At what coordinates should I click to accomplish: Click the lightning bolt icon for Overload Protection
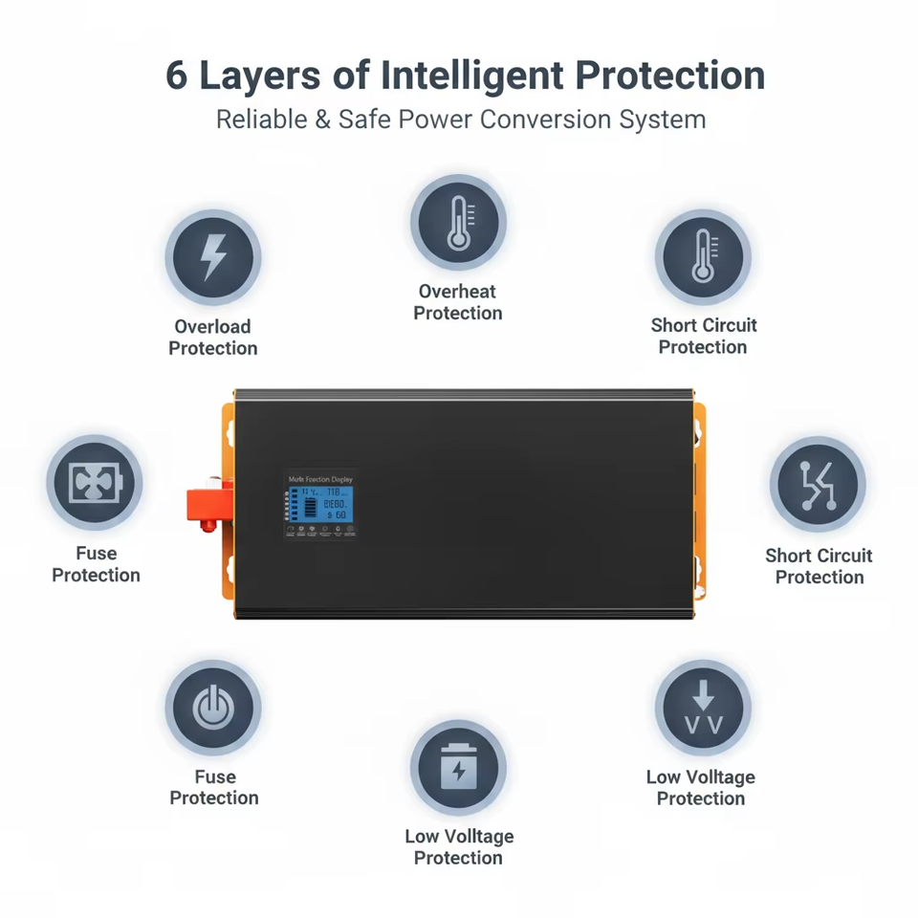(213, 257)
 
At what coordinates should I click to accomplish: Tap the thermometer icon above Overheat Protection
(459, 223)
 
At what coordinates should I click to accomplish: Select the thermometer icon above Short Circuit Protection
(704, 256)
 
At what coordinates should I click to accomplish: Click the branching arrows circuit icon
(819, 485)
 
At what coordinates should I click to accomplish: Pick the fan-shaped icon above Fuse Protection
(95, 484)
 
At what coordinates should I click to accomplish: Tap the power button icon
(213, 709)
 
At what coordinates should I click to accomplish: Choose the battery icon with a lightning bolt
(459, 768)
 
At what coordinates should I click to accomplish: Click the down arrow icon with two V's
(703, 709)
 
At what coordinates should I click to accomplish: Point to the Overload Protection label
(213, 338)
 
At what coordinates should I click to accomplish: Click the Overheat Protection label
(458, 302)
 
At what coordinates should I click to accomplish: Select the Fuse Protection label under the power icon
(214, 787)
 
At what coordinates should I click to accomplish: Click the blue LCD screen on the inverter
(326, 503)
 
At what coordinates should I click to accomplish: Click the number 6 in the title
(177, 76)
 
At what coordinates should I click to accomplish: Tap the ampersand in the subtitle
(322, 120)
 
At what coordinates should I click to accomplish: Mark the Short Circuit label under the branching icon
(820, 556)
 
